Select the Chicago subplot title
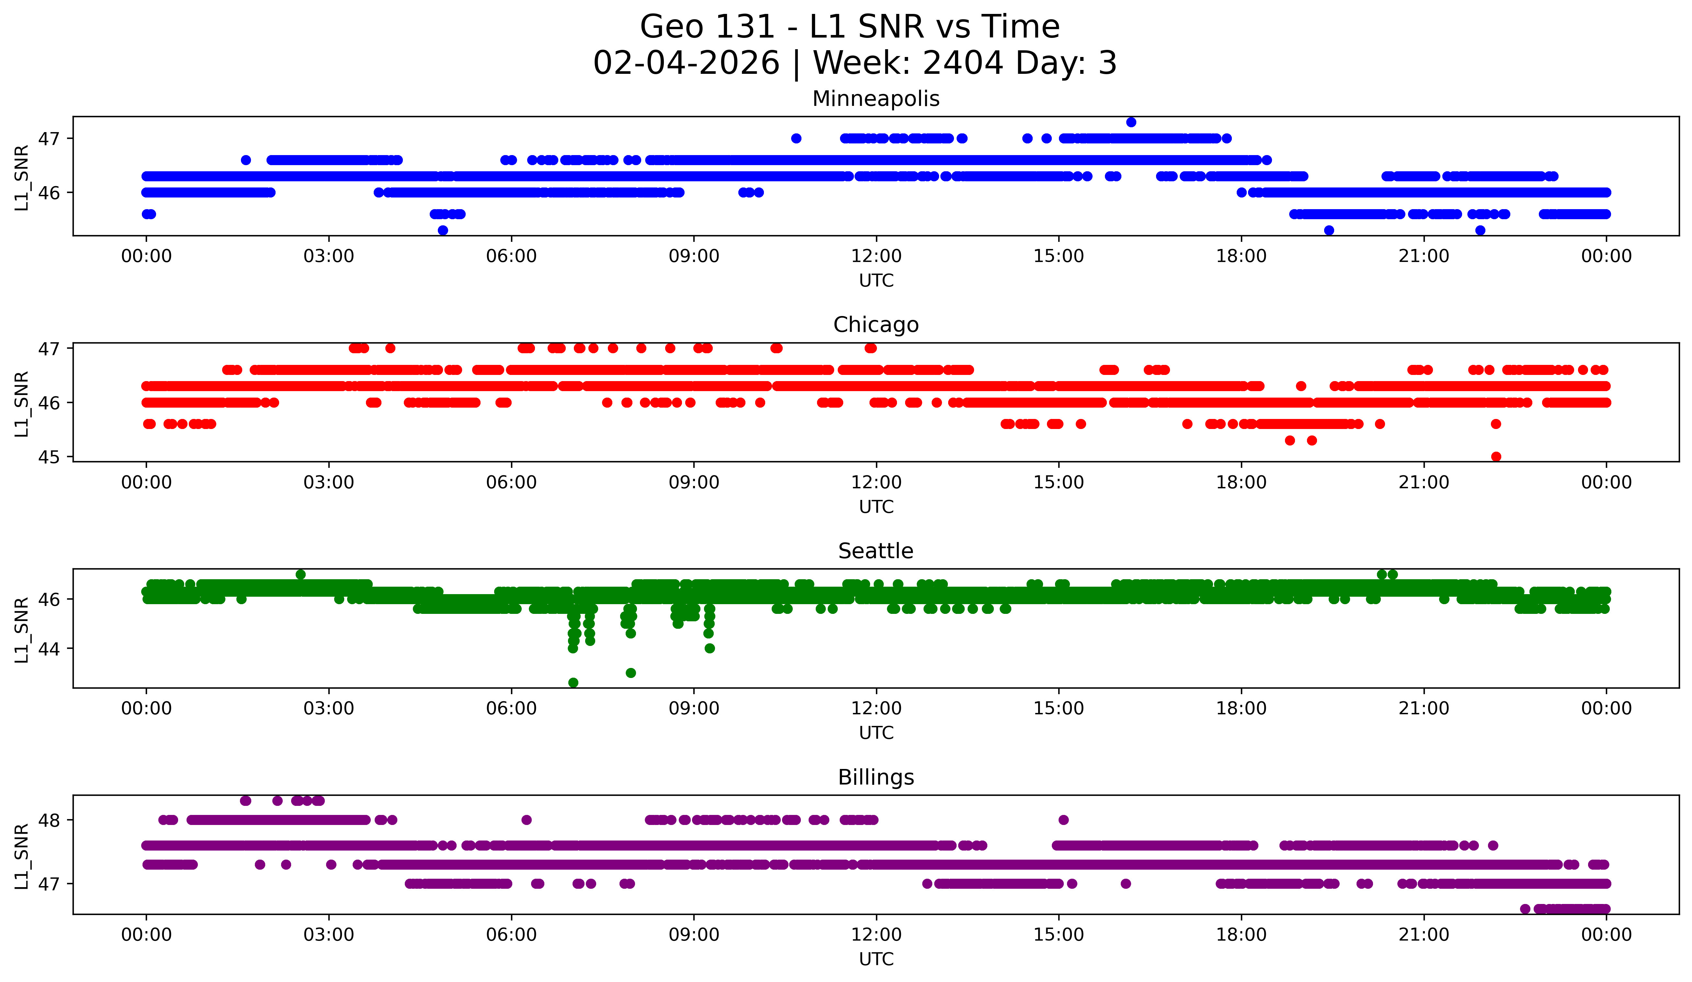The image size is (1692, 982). coord(876,325)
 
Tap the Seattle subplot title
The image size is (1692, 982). coord(876,551)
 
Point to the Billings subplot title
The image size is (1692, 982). coord(876,777)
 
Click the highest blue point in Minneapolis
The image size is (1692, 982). coord(1131,122)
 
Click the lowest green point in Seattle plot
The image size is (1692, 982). coord(573,683)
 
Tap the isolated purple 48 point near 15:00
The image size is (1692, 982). coord(1063,819)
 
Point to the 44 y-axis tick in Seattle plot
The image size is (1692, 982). coord(48,649)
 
